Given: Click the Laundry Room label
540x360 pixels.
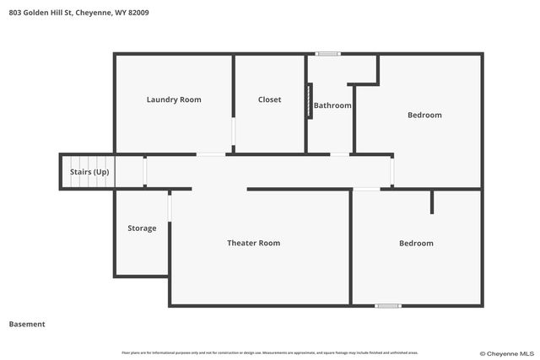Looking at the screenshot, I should coord(174,99).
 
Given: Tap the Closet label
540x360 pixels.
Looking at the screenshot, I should coord(269,99).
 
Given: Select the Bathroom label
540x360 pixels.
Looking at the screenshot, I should coord(332,105).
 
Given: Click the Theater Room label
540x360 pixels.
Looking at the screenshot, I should coord(253,243).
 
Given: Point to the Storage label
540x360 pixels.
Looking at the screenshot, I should coord(142,228).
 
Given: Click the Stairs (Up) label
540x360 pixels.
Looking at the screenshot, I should coord(89,172).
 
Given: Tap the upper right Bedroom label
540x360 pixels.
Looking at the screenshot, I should coord(424,115).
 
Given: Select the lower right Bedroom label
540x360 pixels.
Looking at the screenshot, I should coord(416,243).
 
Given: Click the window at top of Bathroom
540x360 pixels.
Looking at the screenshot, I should coord(328,54).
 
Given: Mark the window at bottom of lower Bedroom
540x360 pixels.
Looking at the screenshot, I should coord(388,305).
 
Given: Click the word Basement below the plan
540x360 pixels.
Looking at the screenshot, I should coord(27,324).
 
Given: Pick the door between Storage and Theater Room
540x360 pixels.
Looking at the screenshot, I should coord(170,207).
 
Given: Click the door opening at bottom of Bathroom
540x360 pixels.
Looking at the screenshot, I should coord(339,154).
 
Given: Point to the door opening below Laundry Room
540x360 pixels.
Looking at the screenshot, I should coord(211,154).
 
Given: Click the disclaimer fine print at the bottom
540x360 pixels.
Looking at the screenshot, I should coord(269,352).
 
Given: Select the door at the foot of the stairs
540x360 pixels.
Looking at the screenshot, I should coord(145,172).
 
